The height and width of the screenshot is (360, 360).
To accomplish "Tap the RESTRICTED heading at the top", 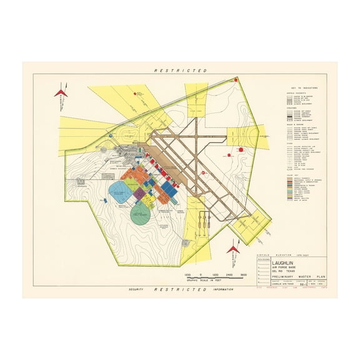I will pos(181,71).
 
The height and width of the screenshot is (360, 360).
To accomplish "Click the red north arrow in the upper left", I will pos(60,92).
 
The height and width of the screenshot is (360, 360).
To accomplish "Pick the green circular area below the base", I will pos(141,216).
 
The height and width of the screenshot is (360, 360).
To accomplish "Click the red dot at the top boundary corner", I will pos(236,79).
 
